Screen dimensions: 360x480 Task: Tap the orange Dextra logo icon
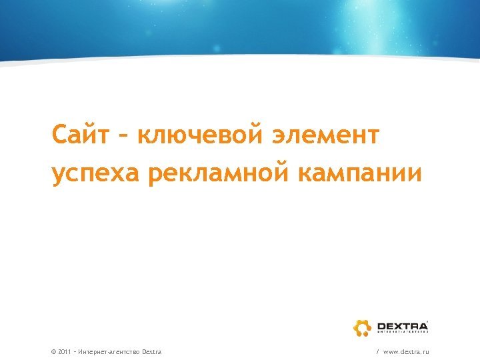[x=362, y=327]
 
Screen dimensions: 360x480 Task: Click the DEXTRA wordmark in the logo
[x=401, y=325]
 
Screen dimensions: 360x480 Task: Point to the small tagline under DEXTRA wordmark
[x=401, y=332]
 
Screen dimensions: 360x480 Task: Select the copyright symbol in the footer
[x=53, y=351]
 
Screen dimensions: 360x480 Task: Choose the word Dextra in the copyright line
[x=151, y=351]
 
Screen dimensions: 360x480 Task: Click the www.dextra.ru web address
[x=406, y=351]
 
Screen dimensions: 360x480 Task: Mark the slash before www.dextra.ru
[x=378, y=351]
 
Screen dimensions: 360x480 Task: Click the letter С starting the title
[x=61, y=136]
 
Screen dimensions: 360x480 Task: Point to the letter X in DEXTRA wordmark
[x=399, y=325]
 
